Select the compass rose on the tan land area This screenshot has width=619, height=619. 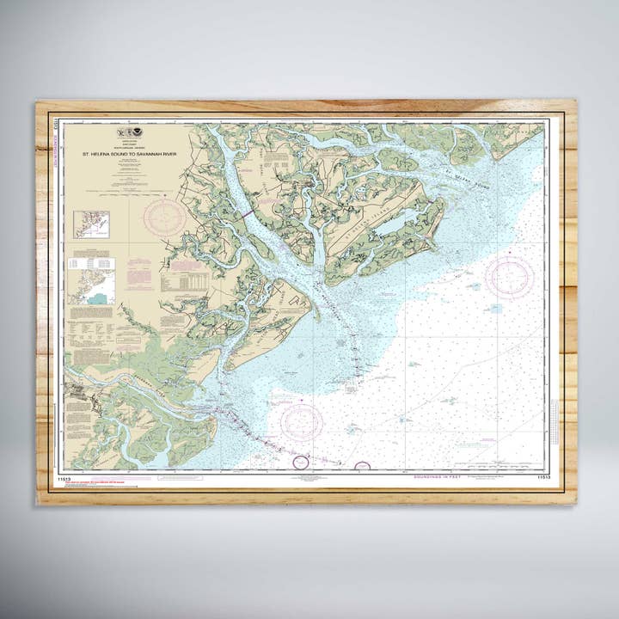tap(164, 217)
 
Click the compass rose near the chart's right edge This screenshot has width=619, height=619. tap(509, 277)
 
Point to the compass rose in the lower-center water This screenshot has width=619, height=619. tap(302, 422)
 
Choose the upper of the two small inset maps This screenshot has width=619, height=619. tap(91, 224)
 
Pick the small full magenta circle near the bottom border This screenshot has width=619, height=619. tap(300, 462)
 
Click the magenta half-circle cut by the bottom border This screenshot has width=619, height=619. tap(362, 466)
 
